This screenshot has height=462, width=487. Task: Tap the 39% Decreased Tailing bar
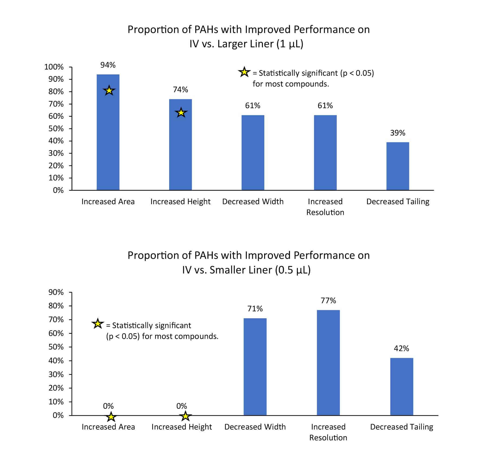[x=397, y=166]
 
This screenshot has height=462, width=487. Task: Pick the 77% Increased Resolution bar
[x=328, y=362]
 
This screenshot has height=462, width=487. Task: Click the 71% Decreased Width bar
[x=255, y=367]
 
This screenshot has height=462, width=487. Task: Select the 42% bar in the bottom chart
[x=402, y=387]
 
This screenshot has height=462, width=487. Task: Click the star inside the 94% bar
[x=109, y=91]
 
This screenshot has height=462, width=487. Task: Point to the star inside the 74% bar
[x=181, y=113]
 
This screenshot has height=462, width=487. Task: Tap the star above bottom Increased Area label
[x=111, y=417]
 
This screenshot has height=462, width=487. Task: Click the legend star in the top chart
[x=244, y=72]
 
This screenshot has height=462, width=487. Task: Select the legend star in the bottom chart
[x=98, y=324]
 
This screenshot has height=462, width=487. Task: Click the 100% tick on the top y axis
[x=54, y=67]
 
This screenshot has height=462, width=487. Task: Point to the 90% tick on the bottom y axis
[x=56, y=292]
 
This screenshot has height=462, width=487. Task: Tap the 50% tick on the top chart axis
[x=56, y=129]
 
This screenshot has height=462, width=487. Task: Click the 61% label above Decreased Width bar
[x=252, y=105]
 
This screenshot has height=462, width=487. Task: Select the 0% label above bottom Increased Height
[x=182, y=406]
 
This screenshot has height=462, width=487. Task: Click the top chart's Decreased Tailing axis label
[x=398, y=202]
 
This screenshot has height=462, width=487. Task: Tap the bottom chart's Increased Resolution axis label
[x=328, y=432]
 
